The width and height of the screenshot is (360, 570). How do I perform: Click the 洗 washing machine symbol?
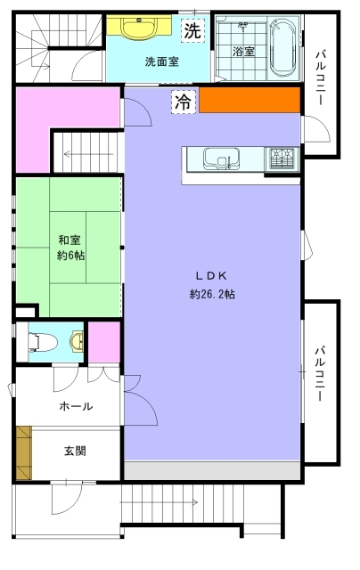coord(192,30)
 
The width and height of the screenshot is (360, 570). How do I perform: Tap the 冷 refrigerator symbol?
coord(184,102)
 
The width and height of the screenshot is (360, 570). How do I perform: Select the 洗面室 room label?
coord(162,61)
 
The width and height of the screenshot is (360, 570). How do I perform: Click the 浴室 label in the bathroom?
coord(243,52)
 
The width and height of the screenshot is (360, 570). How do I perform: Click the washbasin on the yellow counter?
coord(139,28)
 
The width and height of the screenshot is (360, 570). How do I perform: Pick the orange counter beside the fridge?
coord(250,100)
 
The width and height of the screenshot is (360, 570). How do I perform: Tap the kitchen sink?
coord(221,159)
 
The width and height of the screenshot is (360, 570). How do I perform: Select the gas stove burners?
coord(282,159)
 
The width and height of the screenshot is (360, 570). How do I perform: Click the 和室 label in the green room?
coord(70,240)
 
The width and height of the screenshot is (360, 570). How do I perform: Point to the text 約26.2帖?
coord(212,294)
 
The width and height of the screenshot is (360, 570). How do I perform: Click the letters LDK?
coord(212,276)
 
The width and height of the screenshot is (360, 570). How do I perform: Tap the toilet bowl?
coord(43,342)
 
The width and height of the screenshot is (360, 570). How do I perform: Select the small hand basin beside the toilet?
coord(78,342)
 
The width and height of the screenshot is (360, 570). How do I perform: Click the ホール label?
coord(76,406)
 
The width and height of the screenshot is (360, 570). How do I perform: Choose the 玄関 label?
coord(75,452)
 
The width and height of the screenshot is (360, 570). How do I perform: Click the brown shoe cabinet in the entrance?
coord(24,453)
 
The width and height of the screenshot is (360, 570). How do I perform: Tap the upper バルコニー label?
coord(321,77)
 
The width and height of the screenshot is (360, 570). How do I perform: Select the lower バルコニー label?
coord(320,374)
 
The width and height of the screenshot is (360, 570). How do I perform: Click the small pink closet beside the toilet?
coord(104,342)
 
